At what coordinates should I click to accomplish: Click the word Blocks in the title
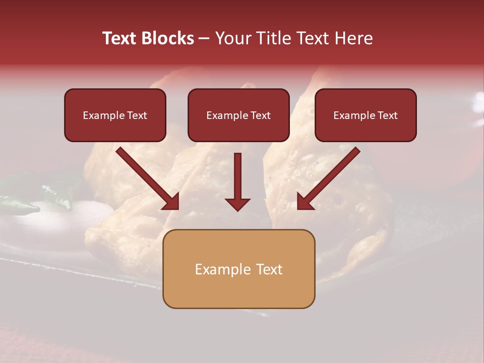click(x=169, y=38)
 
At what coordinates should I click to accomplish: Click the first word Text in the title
click(x=121, y=38)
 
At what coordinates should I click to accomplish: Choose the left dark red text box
click(x=115, y=115)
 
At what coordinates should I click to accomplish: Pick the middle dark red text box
click(x=238, y=115)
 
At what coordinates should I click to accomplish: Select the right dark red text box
click(x=366, y=115)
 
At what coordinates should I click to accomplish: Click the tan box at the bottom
click(x=238, y=269)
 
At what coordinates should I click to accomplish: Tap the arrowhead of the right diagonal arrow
click(x=304, y=202)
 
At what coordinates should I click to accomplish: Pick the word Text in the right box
click(x=387, y=115)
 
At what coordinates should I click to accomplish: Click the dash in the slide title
click(x=204, y=38)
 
